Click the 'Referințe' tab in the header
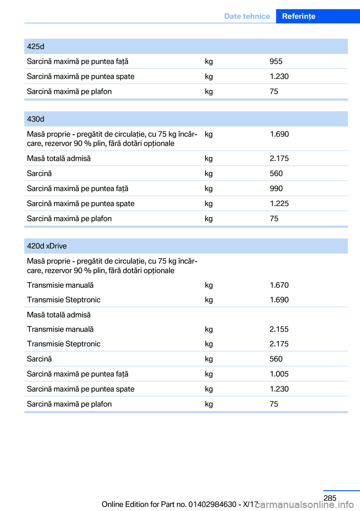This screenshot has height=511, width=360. [298, 16]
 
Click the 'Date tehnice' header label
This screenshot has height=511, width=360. [247, 16]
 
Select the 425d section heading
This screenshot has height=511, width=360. [36, 47]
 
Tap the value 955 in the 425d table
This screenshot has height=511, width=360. [276, 62]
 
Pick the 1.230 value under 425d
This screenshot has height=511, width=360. [279, 77]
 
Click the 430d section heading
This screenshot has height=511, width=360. [36, 119]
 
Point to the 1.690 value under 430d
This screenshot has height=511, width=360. [279, 134]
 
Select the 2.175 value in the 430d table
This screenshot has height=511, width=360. [279, 158]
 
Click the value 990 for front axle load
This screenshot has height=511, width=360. [276, 188]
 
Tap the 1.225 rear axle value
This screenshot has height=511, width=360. [279, 203]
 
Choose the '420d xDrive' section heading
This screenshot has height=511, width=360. [47, 246]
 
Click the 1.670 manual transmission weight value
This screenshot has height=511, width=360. [279, 285]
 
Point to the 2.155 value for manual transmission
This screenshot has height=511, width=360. [279, 329]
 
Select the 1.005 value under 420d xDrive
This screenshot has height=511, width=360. [279, 374]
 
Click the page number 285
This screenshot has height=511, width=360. [330, 498]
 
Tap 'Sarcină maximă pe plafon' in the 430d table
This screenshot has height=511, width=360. [69, 218]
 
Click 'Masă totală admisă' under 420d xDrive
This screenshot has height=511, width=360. [59, 315]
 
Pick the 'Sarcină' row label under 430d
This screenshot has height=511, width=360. [39, 173]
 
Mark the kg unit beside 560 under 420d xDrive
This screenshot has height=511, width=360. [209, 359]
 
